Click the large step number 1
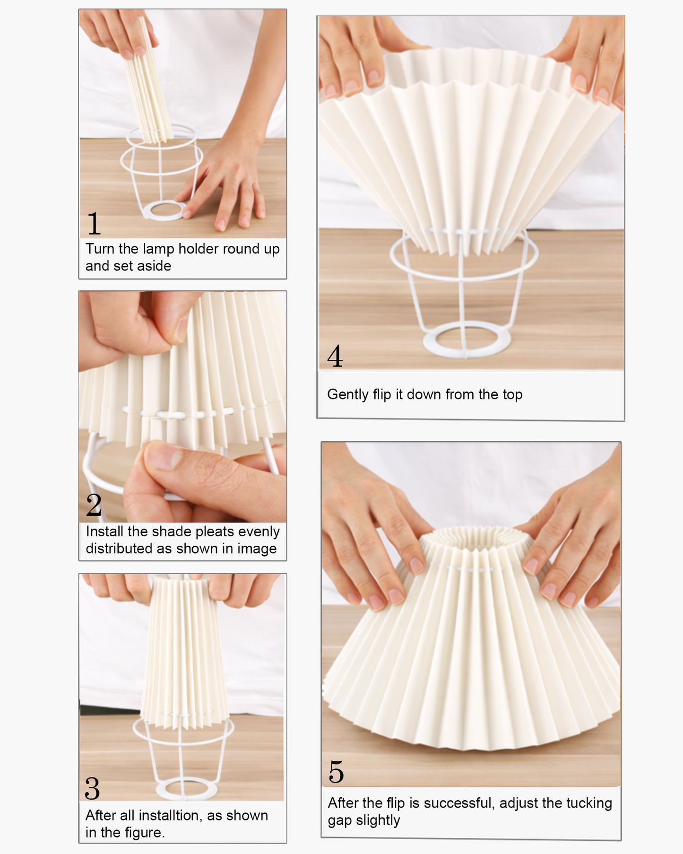94,224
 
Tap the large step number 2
94,505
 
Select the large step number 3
92,789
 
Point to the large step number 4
335,356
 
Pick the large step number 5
336,772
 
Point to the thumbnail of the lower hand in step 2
163,456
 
